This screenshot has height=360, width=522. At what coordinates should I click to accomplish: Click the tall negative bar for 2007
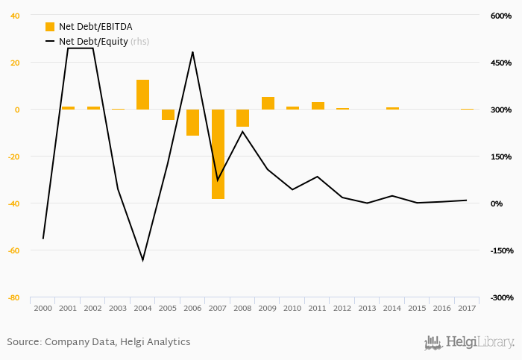pyautogui.click(x=218, y=154)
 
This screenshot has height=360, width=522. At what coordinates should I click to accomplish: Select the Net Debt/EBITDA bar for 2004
pyautogui.click(x=142, y=95)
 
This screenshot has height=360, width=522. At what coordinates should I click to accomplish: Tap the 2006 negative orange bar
pyautogui.click(x=192, y=122)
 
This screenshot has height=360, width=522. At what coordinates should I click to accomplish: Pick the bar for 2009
pyautogui.click(x=268, y=103)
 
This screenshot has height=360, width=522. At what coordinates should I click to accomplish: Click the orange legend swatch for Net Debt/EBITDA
pyautogui.click(x=50, y=27)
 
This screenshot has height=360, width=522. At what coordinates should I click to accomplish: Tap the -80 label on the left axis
pyautogui.click(x=14, y=297)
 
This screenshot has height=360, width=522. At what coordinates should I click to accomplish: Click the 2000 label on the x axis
pyautogui.click(x=43, y=308)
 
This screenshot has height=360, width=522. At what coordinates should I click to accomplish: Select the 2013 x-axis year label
pyautogui.click(x=368, y=308)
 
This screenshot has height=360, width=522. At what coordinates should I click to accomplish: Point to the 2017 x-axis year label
pyautogui.click(x=467, y=308)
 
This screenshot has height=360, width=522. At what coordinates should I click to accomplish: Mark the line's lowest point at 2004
pyautogui.click(x=142, y=260)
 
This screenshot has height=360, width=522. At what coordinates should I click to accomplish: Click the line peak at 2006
pyautogui.click(x=192, y=52)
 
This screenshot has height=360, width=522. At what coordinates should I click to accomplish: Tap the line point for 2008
pyautogui.click(x=242, y=131)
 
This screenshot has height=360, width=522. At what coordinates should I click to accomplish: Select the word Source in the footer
pyautogui.click(x=23, y=342)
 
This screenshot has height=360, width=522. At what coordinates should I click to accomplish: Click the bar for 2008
pyautogui.click(x=242, y=118)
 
